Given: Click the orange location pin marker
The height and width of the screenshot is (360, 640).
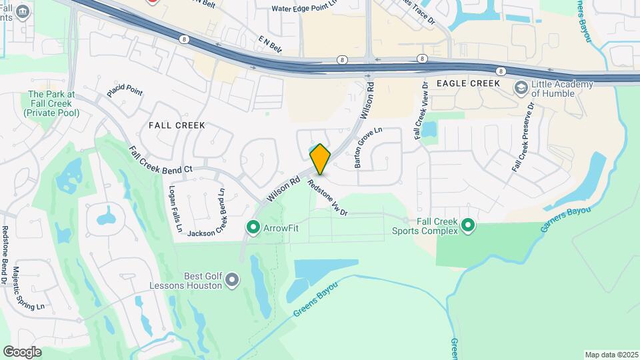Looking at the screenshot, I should (321, 159).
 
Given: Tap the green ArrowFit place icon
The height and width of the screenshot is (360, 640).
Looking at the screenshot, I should (253, 228).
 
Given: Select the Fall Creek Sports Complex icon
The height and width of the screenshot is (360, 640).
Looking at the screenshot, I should (468, 227).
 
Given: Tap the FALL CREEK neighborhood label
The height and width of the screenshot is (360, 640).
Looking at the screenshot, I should (177, 125).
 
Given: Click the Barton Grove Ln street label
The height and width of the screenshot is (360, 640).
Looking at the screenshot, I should (368, 147).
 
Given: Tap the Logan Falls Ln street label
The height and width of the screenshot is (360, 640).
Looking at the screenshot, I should (175, 209).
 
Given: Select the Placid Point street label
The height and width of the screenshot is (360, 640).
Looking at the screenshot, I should (125, 90).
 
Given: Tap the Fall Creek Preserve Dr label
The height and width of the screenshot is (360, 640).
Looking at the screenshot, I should (524, 137).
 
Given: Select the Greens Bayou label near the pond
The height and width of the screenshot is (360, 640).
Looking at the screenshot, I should (315, 299).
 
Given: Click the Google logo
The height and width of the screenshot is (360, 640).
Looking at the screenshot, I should (22, 352).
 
